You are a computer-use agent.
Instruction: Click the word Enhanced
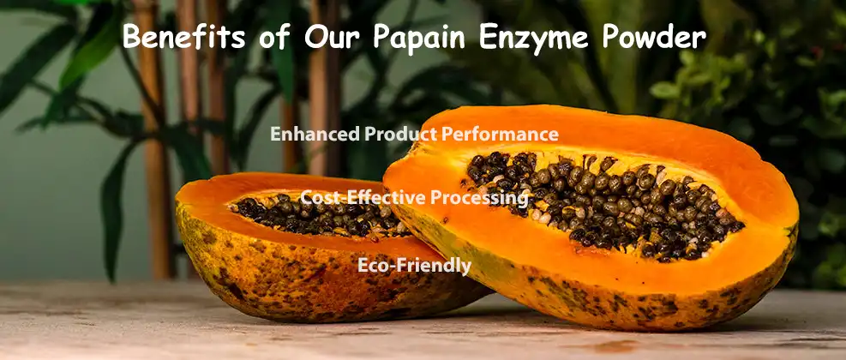pyautogui.click(x=314, y=134)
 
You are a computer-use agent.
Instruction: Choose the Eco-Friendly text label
pyautogui.click(x=414, y=266)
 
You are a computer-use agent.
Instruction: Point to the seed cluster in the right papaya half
pyautogui.click(x=600, y=201)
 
